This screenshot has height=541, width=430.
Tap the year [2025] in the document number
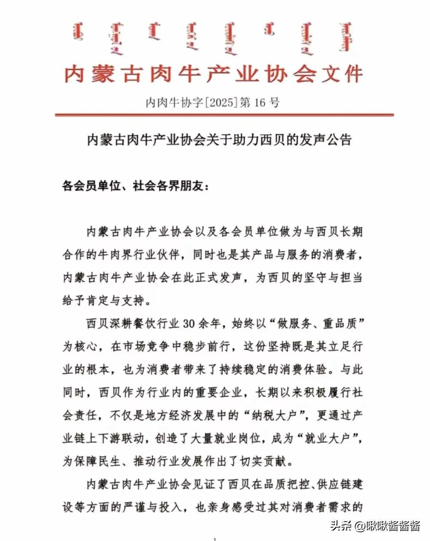click(221, 102)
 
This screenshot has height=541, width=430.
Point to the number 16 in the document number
click(259, 102)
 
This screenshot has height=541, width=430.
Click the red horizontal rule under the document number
click(224, 115)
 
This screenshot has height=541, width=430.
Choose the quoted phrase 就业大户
click(327, 439)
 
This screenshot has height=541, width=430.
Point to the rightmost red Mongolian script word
click(346, 36)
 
